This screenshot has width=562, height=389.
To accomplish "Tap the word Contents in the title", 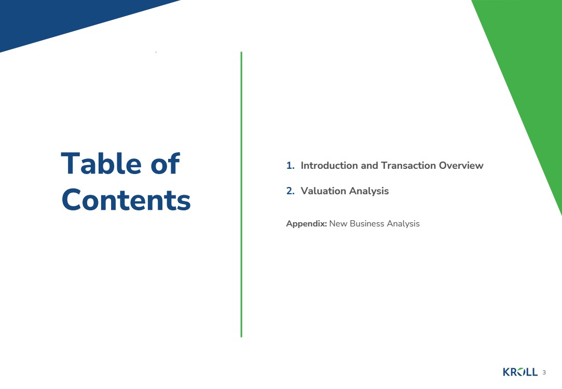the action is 126,199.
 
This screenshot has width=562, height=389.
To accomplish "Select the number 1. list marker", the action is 290,166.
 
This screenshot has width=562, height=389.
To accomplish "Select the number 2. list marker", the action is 290,191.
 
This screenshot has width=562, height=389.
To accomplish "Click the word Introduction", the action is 329,166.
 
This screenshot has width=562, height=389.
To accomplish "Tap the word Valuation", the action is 323,191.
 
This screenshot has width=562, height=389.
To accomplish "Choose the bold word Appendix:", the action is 307,224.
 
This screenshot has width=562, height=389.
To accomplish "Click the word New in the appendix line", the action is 338,223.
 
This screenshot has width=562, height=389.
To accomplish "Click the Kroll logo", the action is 520,372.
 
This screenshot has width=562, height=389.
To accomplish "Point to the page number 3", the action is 544,372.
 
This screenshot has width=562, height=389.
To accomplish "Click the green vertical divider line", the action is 241,194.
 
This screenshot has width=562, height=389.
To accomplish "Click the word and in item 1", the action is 369,166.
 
